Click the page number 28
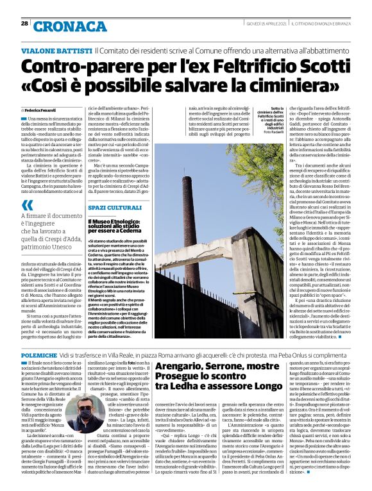click(24, 23)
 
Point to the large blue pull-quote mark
click(26, 205)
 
